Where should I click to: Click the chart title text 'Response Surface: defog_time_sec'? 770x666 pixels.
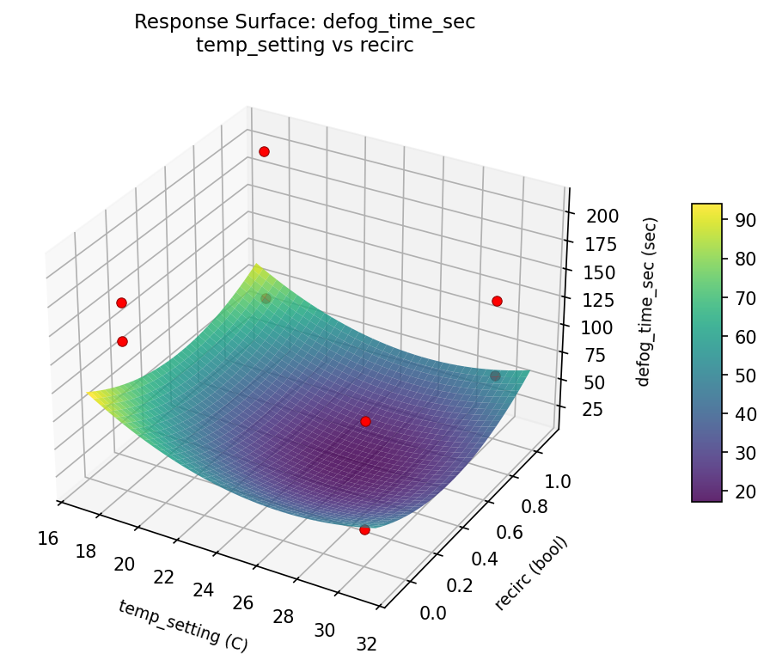(x=304, y=23)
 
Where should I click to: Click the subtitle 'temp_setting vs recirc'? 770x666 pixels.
(x=304, y=46)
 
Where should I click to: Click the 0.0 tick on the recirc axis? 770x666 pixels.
(x=432, y=613)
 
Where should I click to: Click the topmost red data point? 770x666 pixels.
(x=264, y=151)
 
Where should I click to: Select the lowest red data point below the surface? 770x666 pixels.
(x=364, y=530)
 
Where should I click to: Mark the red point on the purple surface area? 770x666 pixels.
(x=365, y=421)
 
